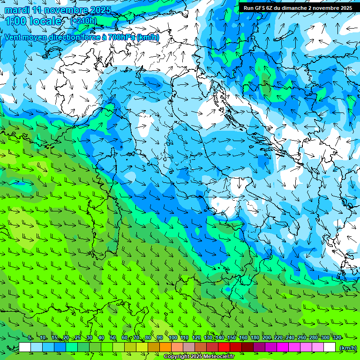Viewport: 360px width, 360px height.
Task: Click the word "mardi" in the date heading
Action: coord(17,10)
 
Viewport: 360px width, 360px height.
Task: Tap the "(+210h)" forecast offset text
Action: coord(83,21)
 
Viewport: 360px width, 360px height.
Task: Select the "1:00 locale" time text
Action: coord(33,21)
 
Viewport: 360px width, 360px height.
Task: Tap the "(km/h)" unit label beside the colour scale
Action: coord(347,347)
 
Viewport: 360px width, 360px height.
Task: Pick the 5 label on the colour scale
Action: coord(30,338)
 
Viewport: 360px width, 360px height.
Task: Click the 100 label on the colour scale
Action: coord(172,338)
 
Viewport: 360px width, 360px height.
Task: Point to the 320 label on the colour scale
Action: coord(337,338)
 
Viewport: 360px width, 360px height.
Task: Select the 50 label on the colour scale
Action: coord(113,338)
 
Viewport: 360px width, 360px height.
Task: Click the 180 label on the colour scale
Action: coord(255,338)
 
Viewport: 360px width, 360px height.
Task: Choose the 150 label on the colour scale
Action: coord(231,338)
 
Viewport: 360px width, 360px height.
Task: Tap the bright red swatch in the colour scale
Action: coord(224,347)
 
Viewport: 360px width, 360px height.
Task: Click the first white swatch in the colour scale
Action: coord(25,347)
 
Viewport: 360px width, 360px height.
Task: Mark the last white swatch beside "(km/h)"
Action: coord(330,347)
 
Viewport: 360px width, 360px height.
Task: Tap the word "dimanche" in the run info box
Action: coord(293,8)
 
